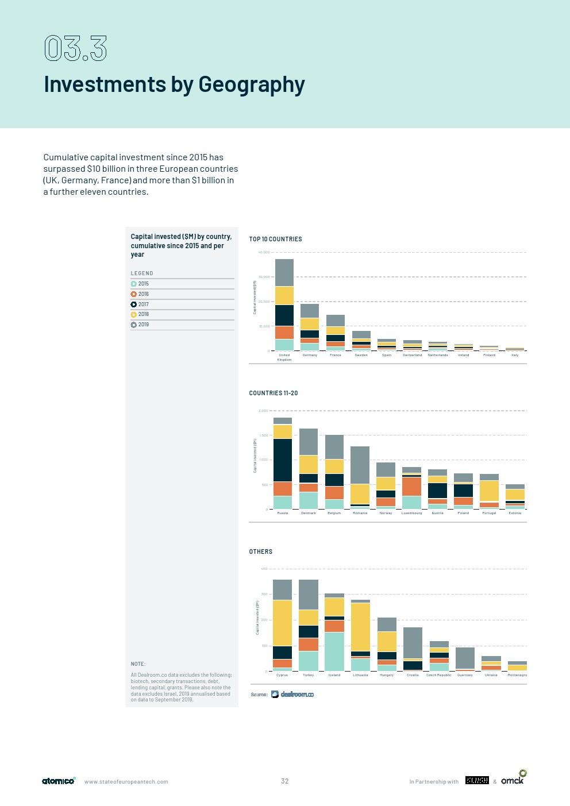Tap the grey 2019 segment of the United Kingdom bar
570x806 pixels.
pos(284,272)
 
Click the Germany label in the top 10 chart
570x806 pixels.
pos(310,355)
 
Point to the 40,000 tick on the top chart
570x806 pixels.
pos(264,252)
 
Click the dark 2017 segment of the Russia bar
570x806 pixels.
pos(283,460)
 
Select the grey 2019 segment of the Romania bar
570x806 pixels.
pos(360,465)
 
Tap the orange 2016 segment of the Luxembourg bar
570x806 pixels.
pos(411,487)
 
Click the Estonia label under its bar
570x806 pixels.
pos(515,513)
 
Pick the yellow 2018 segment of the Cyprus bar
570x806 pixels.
pos(282,623)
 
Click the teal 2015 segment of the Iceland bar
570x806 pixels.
pos(334,651)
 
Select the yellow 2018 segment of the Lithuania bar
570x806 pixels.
pos(360,627)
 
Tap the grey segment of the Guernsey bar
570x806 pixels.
pos(465,658)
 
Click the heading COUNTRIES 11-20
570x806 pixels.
pos(274,393)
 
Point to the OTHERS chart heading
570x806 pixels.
pos(261,552)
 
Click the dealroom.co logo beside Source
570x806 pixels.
pos(292,695)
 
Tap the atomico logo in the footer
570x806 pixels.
pos(58,781)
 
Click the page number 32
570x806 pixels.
pos(285,781)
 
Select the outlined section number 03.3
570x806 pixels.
pos(76,48)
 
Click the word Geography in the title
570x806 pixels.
pos(252,84)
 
